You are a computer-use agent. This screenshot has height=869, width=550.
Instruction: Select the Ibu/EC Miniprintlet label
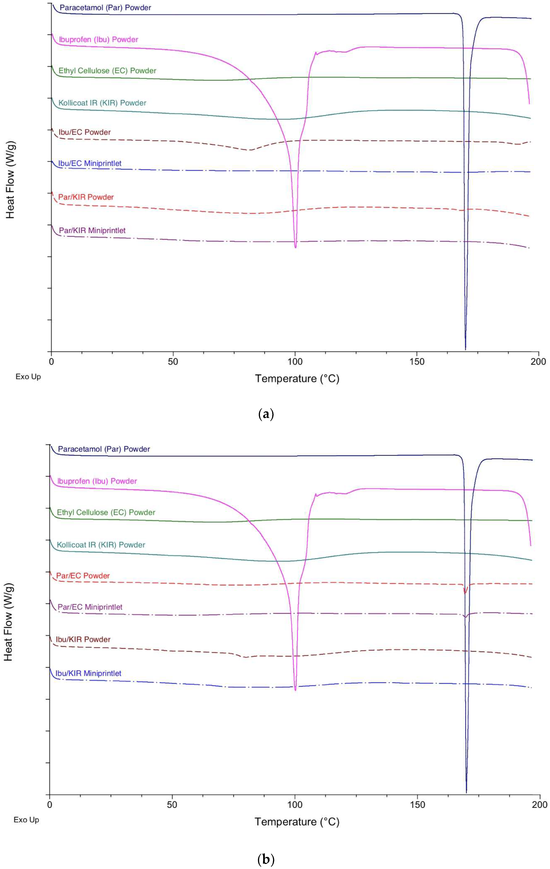90,164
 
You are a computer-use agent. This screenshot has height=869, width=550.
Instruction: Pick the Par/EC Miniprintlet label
90,607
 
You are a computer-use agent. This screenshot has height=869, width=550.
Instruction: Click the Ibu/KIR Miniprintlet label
88,673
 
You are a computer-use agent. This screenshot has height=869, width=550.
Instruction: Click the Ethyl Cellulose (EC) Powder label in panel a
108,71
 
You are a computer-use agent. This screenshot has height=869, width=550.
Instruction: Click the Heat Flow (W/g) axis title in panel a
10,179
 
